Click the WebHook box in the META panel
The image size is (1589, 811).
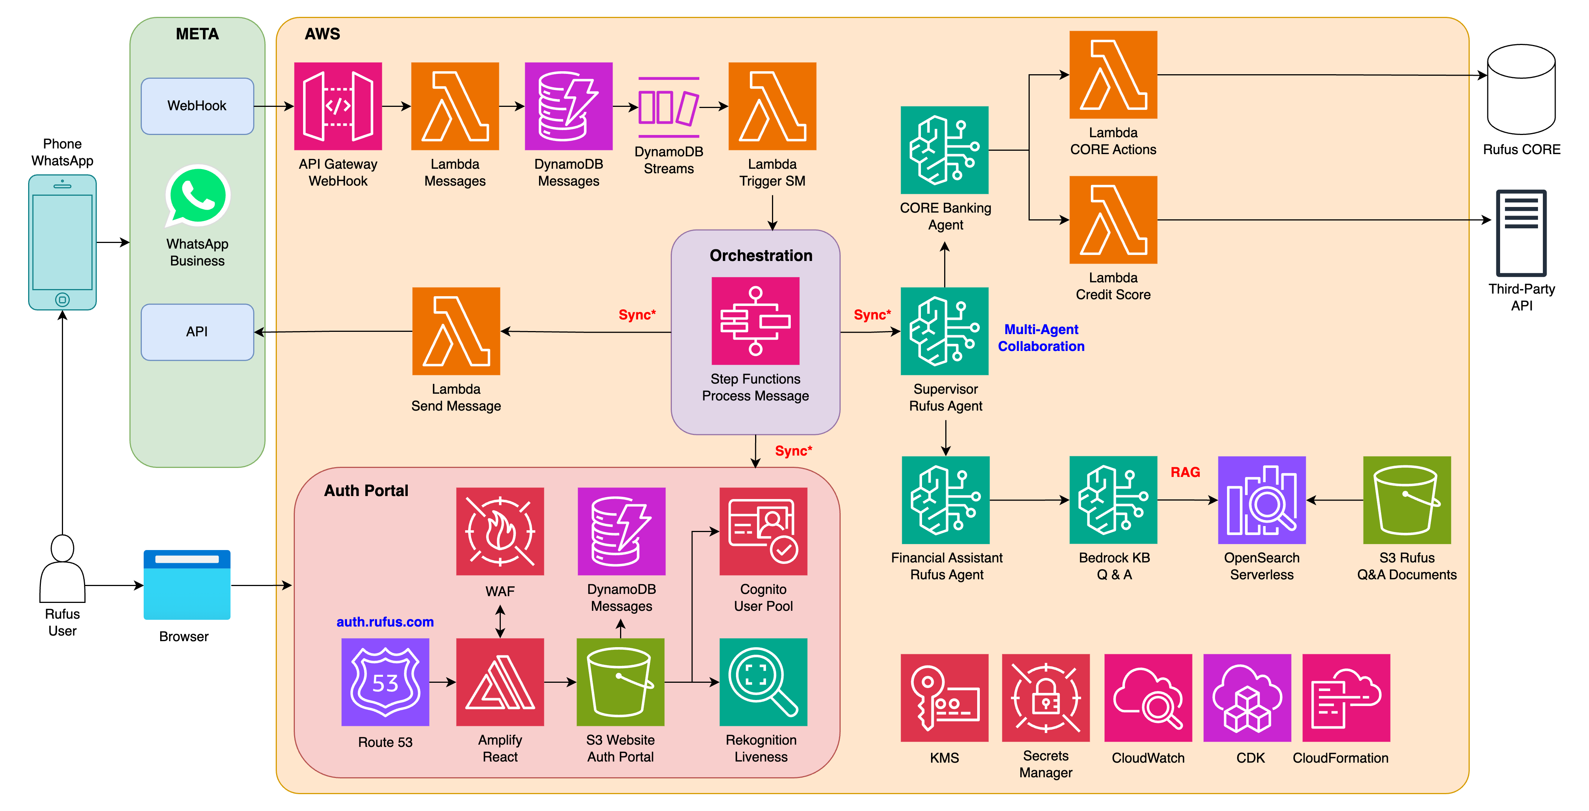197,106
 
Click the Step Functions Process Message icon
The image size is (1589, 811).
755,321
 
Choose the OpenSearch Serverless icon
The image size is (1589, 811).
1262,500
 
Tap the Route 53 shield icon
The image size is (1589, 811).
385,682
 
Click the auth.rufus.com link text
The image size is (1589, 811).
385,622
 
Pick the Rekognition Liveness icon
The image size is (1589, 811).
763,682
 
